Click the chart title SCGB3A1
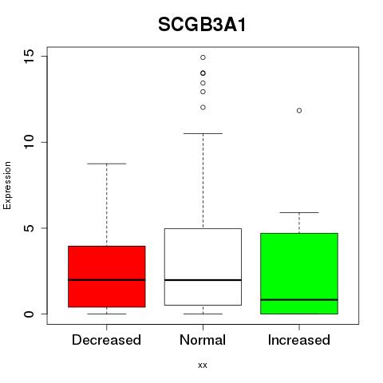click(202, 25)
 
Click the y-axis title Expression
click(7, 185)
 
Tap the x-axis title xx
click(203, 365)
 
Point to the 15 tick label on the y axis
click(29, 56)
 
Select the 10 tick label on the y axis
click(29, 142)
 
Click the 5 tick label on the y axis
click(29, 228)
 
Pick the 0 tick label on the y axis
click(29, 314)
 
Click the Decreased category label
click(106, 340)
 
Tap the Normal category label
click(203, 340)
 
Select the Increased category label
click(299, 340)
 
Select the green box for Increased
click(299, 274)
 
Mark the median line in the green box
click(299, 300)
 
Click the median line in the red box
click(107, 280)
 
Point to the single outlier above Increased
click(299, 110)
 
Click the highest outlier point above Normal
click(203, 57)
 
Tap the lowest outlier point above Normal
click(203, 108)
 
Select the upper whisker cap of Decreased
click(107, 164)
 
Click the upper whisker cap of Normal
click(203, 133)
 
